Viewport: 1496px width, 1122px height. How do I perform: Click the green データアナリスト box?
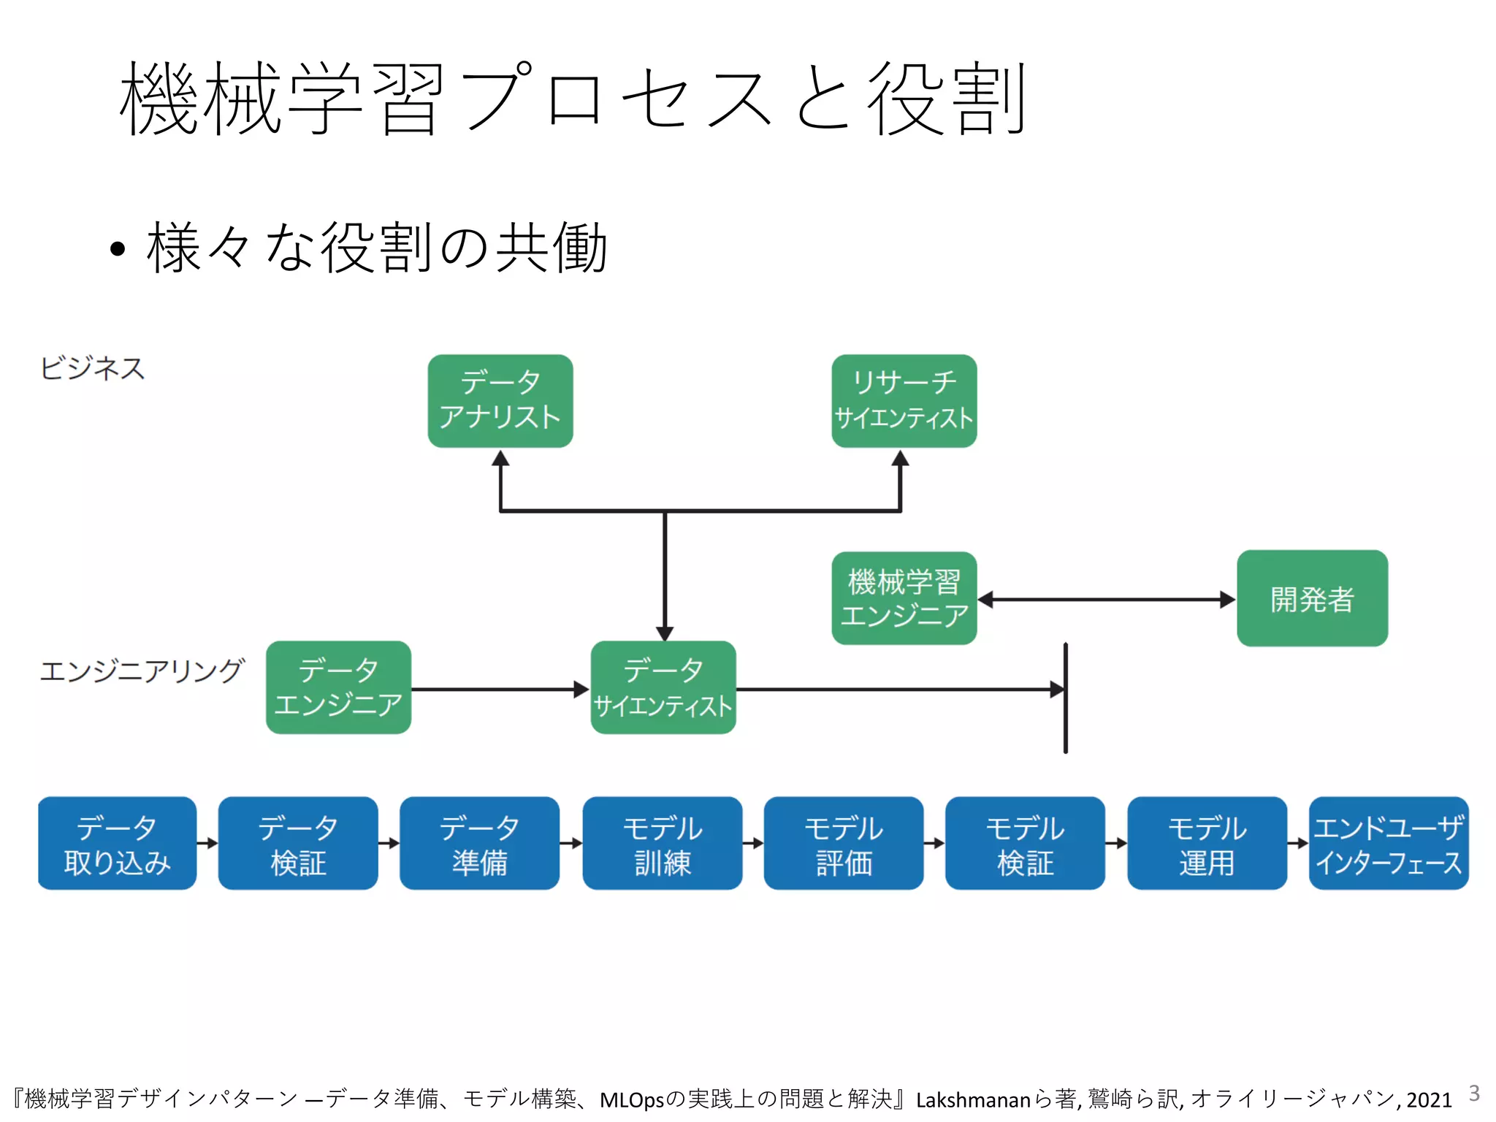(500, 401)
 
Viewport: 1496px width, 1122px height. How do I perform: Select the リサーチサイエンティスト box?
(904, 401)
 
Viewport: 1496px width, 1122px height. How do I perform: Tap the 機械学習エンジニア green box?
(904, 598)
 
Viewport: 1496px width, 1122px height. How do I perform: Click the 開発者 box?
(1312, 598)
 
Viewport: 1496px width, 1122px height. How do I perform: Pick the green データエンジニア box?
(338, 687)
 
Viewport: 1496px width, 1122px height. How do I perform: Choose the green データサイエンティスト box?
(663, 687)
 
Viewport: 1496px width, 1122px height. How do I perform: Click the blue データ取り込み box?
(117, 843)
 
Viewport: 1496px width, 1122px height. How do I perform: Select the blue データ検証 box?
(298, 843)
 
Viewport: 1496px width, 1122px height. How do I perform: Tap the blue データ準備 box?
(479, 843)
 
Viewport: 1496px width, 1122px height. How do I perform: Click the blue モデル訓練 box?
(662, 843)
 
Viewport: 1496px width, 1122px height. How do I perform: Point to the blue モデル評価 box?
(843, 843)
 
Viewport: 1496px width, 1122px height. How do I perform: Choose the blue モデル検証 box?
(1025, 843)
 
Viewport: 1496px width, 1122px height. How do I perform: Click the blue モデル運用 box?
(1207, 843)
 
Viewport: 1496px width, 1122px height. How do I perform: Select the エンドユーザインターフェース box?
(1388, 843)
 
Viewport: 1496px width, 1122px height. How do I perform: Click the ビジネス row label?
(93, 368)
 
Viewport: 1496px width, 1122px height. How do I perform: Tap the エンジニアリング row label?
(142, 670)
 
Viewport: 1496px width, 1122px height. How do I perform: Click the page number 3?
(1474, 1094)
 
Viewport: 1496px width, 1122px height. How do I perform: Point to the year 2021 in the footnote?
(1429, 1099)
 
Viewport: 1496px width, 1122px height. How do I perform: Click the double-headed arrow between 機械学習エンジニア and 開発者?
(1107, 600)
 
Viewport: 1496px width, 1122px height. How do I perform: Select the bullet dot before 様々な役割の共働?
(118, 250)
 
